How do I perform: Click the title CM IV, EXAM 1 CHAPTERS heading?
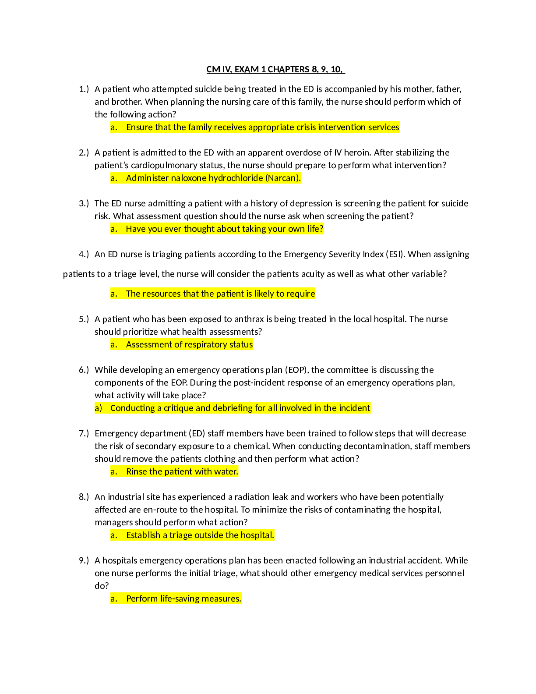pos(275,69)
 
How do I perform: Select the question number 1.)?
pos(84,89)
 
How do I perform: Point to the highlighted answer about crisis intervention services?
pos(255,127)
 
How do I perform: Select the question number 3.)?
pos(84,203)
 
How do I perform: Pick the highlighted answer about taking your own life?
pos(217,229)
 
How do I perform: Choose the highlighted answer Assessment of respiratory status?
pos(182,345)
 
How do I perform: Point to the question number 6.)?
pos(84,370)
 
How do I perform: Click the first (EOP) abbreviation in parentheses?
pos(296,370)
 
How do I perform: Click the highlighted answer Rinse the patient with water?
pos(174,472)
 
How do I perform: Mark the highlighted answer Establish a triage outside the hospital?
pos(192,535)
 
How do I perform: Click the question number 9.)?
pos(84,560)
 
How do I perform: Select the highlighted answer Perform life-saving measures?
pos(176,599)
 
